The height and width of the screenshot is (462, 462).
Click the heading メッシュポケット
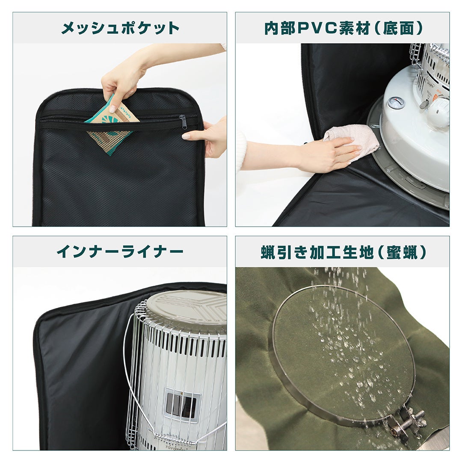[x=120, y=28]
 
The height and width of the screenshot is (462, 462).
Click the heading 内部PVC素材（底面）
[x=343, y=28]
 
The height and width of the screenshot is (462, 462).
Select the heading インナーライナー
[x=120, y=252]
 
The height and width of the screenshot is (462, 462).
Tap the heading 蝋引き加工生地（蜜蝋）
[x=343, y=252]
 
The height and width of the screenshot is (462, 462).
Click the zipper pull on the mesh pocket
[x=183, y=122]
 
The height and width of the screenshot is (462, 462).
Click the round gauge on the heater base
[x=396, y=103]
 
